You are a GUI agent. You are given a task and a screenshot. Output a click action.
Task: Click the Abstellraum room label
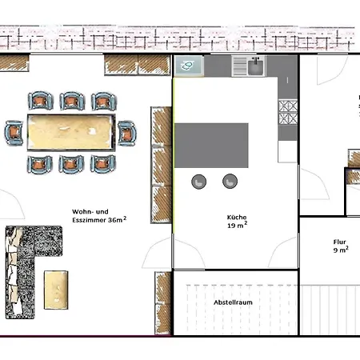coord(233,302)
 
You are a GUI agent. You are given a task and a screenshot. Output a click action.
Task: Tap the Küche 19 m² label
coord(237,222)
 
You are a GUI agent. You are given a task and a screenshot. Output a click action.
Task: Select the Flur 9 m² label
coord(341,246)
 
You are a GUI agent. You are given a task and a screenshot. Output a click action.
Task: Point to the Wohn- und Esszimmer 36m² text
coord(99,216)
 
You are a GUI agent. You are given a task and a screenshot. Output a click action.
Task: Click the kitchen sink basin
coord(256,66)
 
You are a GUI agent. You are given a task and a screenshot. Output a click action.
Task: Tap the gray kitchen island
coord(211,146)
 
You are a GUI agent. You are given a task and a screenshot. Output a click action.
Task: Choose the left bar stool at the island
coord(199,182)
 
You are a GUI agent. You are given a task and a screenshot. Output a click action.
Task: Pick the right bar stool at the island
coord(230,182)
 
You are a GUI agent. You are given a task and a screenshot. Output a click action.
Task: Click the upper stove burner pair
coord(288,106)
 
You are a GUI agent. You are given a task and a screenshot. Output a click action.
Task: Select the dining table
coord(71,133)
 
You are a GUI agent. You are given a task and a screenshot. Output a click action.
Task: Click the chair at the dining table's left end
coord(14,133)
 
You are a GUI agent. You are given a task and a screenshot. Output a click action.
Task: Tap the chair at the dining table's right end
coord(127,133)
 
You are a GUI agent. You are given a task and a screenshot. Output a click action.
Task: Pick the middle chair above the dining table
coord(72,101)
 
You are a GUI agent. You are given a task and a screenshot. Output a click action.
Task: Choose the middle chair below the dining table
coord(71,164)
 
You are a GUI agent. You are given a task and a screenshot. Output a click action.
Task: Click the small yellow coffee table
coord(56,290)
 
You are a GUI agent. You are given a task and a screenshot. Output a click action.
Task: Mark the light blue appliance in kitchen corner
coord(189,66)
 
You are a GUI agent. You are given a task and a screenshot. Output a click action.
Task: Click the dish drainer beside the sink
coord(240,66)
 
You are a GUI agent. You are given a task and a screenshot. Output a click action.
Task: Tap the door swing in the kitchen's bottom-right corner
coord(282,252)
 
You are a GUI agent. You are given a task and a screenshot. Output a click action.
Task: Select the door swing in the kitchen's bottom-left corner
coord(190,253)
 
